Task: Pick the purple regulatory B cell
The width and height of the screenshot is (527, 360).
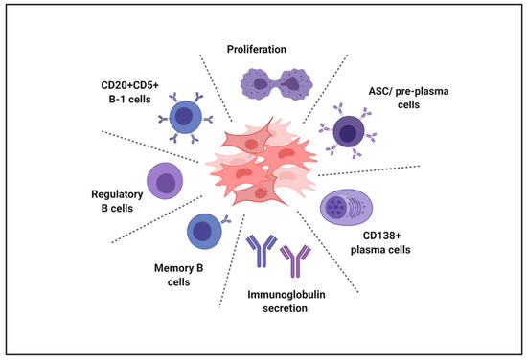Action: point(164,180)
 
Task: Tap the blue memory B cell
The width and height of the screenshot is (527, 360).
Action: point(203,231)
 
